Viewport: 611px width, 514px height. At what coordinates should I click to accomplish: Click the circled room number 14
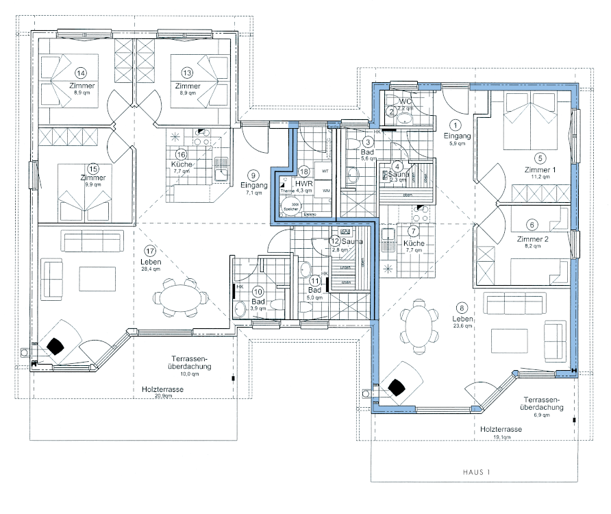(x=80, y=73)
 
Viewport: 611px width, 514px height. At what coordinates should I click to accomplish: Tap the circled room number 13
(x=187, y=73)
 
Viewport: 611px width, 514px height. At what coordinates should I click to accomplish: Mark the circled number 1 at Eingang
(x=458, y=124)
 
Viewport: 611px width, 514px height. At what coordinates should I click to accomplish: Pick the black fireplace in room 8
(x=397, y=389)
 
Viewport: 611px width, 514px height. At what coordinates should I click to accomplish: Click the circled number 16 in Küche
(x=181, y=154)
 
